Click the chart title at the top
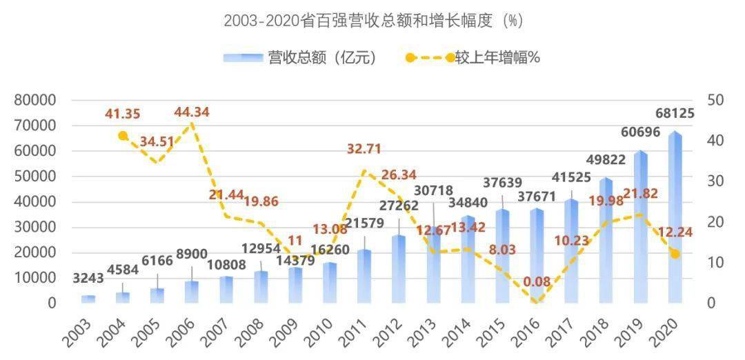(373, 21)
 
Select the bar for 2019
(641, 227)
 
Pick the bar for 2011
(364, 276)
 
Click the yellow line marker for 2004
(123, 136)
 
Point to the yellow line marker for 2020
(675, 254)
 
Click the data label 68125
(670, 114)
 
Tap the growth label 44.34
(192, 112)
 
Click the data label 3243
(88, 279)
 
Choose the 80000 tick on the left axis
(36, 101)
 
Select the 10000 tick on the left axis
(36, 278)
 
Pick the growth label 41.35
(123, 114)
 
